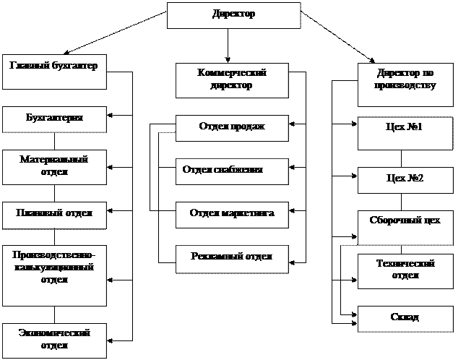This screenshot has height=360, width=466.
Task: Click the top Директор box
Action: click(x=234, y=15)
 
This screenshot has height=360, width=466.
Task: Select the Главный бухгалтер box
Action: click(x=54, y=71)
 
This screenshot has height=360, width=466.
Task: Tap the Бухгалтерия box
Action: click(x=54, y=119)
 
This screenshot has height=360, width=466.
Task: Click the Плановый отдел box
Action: click(x=54, y=214)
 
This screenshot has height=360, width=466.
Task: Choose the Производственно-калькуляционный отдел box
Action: click(x=54, y=275)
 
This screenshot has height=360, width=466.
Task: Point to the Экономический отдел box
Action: click(x=54, y=340)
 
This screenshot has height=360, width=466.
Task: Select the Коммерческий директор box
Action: click(x=232, y=80)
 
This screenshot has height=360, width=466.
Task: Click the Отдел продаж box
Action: click(x=232, y=128)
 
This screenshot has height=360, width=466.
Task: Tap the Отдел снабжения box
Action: click(x=232, y=171)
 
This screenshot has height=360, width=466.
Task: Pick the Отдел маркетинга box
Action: click(x=232, y=215)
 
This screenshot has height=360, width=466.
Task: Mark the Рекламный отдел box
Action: click(x=232, y=258)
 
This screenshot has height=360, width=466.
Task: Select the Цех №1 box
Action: click(x=405, y=133)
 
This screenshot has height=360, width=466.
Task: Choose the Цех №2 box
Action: click(x=405, y=180)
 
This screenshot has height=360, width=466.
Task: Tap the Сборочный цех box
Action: click(x=405, y=227)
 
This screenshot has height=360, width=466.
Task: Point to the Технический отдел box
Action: click(x=405, y=270)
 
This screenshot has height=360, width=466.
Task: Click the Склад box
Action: click(x=405, y=319)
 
